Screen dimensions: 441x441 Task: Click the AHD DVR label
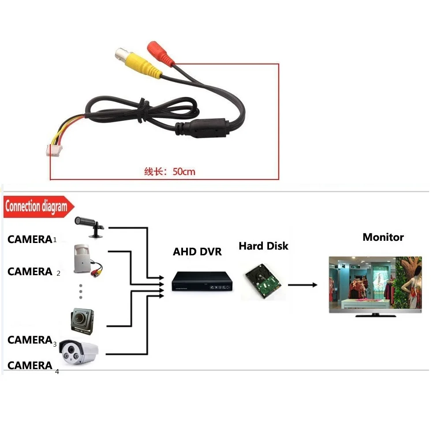[x=197, y=252]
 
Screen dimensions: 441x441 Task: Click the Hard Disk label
[x=263, y=246]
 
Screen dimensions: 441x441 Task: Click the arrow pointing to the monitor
[x=303, y=285]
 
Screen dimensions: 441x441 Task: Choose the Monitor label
[x=383, y=237]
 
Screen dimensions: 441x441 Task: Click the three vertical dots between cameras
[x=81, y=291]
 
